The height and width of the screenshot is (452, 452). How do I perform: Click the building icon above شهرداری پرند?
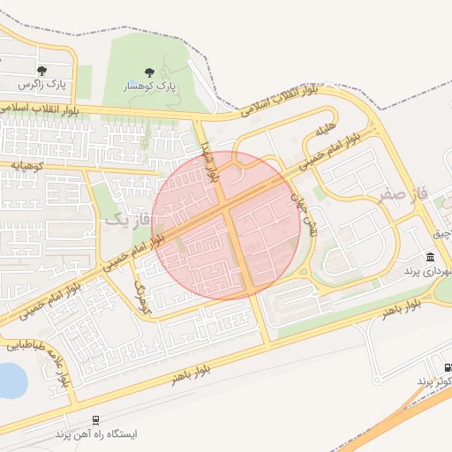(429, 257)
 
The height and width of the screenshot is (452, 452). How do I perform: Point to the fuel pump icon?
(446, 366)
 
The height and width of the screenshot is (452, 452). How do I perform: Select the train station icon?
(94, 421)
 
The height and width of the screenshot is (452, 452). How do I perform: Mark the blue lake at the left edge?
(9, 379)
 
